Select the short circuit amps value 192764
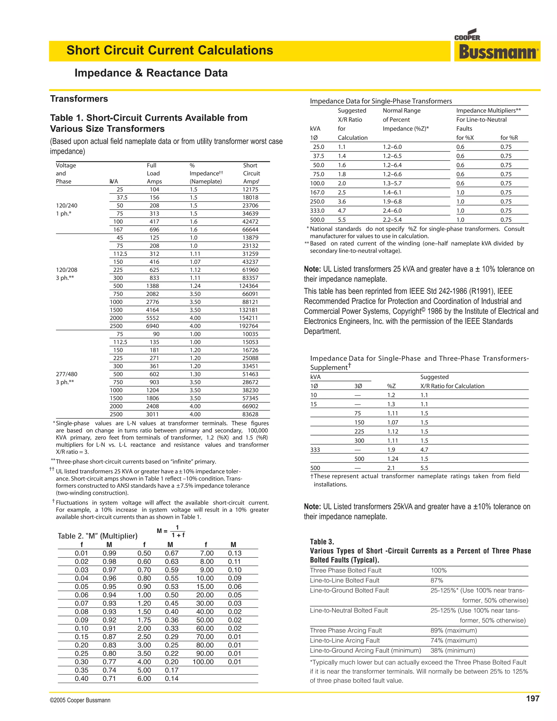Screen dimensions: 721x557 tap(250, 326)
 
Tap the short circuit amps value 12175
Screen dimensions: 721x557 tap(250, 189)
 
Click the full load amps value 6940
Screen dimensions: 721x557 tap(153, 326)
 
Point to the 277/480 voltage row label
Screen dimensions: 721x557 tap(67, 374)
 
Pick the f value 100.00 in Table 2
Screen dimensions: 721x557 tap(203, 662)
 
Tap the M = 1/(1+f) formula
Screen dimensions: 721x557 tap(171, 531)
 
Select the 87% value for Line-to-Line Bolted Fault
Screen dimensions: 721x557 tap(437, 580)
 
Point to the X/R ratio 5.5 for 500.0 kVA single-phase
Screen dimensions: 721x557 tap(342, 220)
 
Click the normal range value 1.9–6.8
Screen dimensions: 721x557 tap(392, 201)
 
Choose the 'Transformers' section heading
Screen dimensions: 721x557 tap(79, 99)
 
